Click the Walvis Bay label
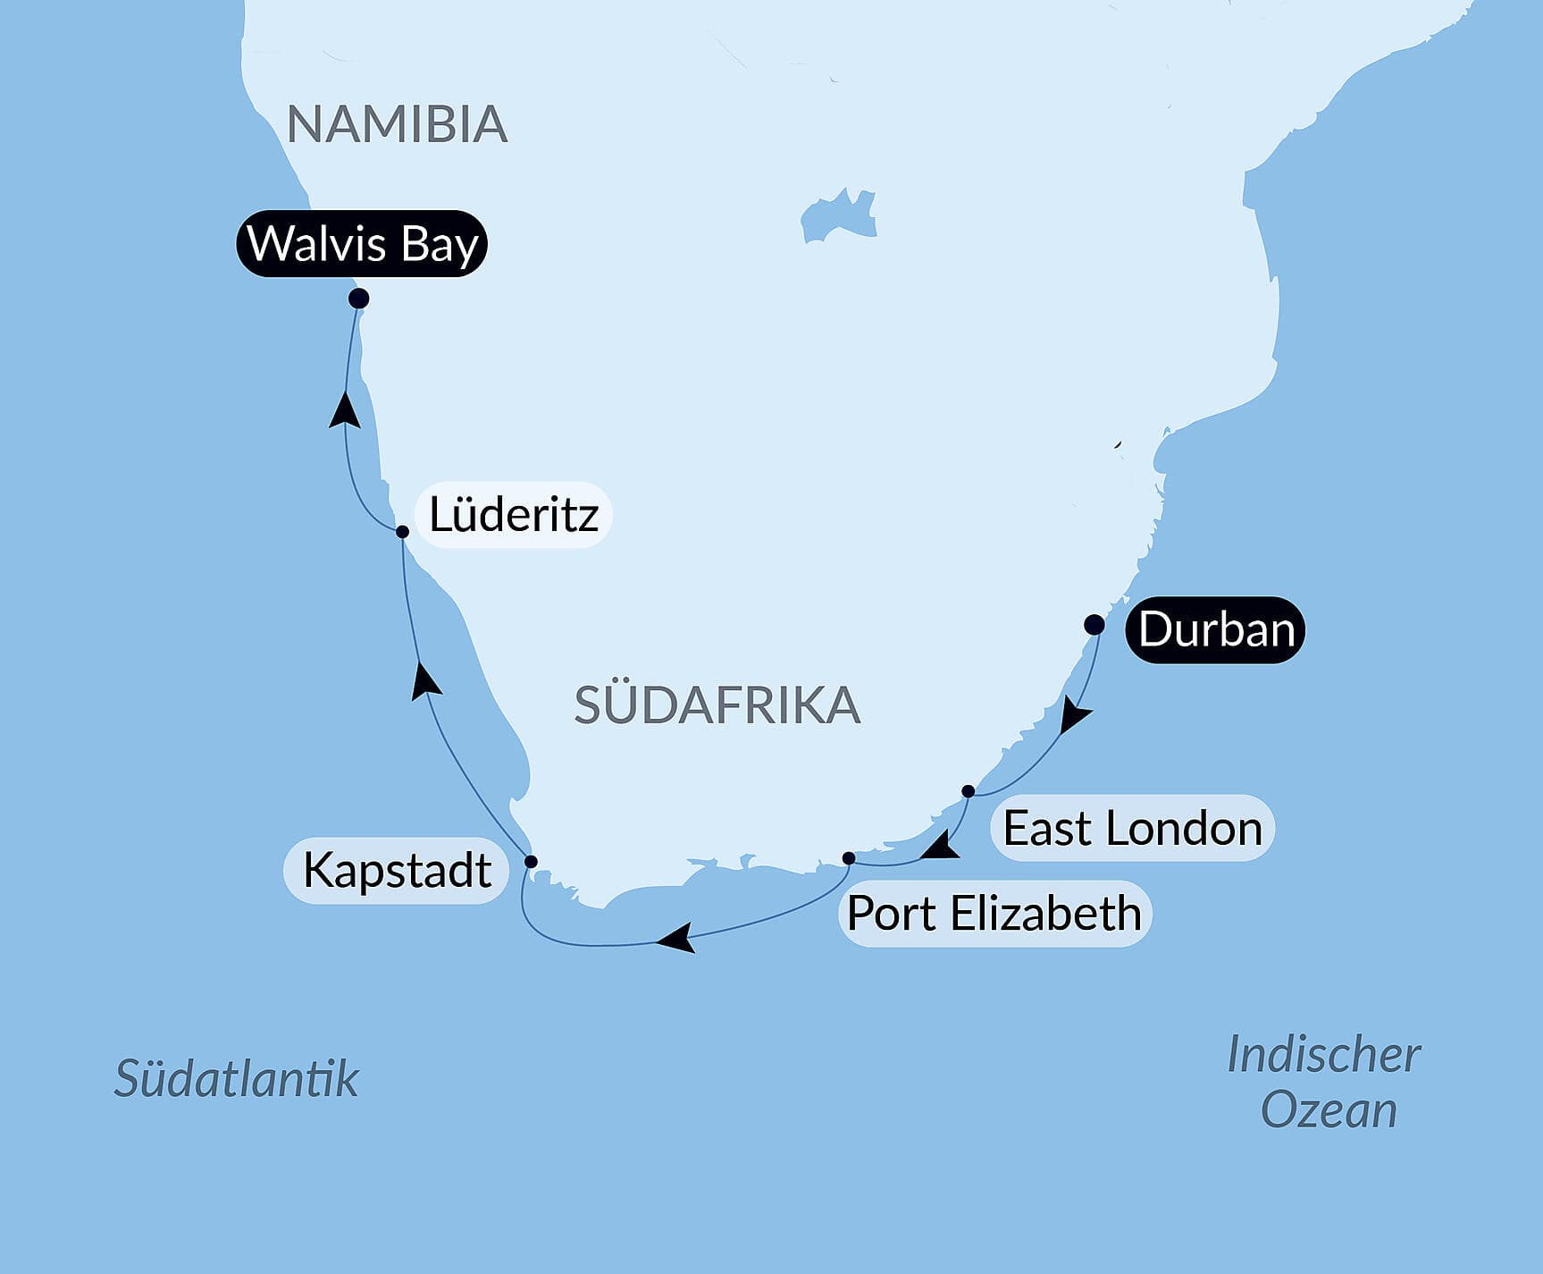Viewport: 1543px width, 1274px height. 362,243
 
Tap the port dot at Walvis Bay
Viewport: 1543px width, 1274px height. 358,298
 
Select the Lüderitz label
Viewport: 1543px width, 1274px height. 513,515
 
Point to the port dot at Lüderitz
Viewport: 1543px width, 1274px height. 402,531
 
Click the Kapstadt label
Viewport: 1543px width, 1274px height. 396,870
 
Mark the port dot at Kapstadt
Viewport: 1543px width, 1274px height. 531,862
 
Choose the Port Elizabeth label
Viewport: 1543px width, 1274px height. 994,914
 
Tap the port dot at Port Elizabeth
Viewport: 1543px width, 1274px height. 849,858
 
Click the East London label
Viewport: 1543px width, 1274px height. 1131,828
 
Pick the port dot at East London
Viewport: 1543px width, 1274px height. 968,791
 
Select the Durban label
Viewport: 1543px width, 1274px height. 1215,629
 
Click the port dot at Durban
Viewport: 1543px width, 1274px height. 1094,625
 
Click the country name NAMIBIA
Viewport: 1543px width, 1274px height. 397,124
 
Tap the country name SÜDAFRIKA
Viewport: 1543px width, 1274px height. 717,705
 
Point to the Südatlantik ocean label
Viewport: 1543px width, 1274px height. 236,1078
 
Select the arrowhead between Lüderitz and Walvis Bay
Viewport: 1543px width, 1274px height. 345,411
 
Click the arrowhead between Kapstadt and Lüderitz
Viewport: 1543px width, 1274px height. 425,681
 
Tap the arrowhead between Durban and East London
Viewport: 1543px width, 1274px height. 1074,718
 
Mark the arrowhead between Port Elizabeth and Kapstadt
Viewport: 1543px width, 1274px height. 676,939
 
